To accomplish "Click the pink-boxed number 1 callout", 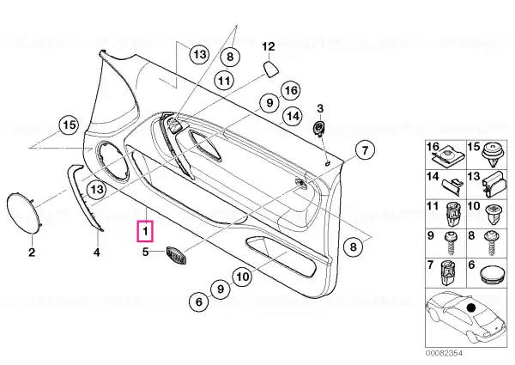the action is (146, 231).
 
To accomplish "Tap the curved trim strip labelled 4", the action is (84, 198).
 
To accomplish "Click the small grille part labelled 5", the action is (177, 254).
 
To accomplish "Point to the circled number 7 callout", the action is (365, 150).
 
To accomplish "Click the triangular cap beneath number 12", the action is (271, 70).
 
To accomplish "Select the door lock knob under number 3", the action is (318, 127).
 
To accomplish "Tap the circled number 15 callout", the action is (69, 125).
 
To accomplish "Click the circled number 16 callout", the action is (290, 90).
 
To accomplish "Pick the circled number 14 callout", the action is (293, 116).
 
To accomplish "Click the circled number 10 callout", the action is (242, 277).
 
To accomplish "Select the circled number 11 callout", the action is (225, 81).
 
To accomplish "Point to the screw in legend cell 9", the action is (450, 242).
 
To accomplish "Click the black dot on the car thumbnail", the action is (471, 307).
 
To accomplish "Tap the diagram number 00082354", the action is (444, 353).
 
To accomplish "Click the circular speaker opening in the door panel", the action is (112, 161).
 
